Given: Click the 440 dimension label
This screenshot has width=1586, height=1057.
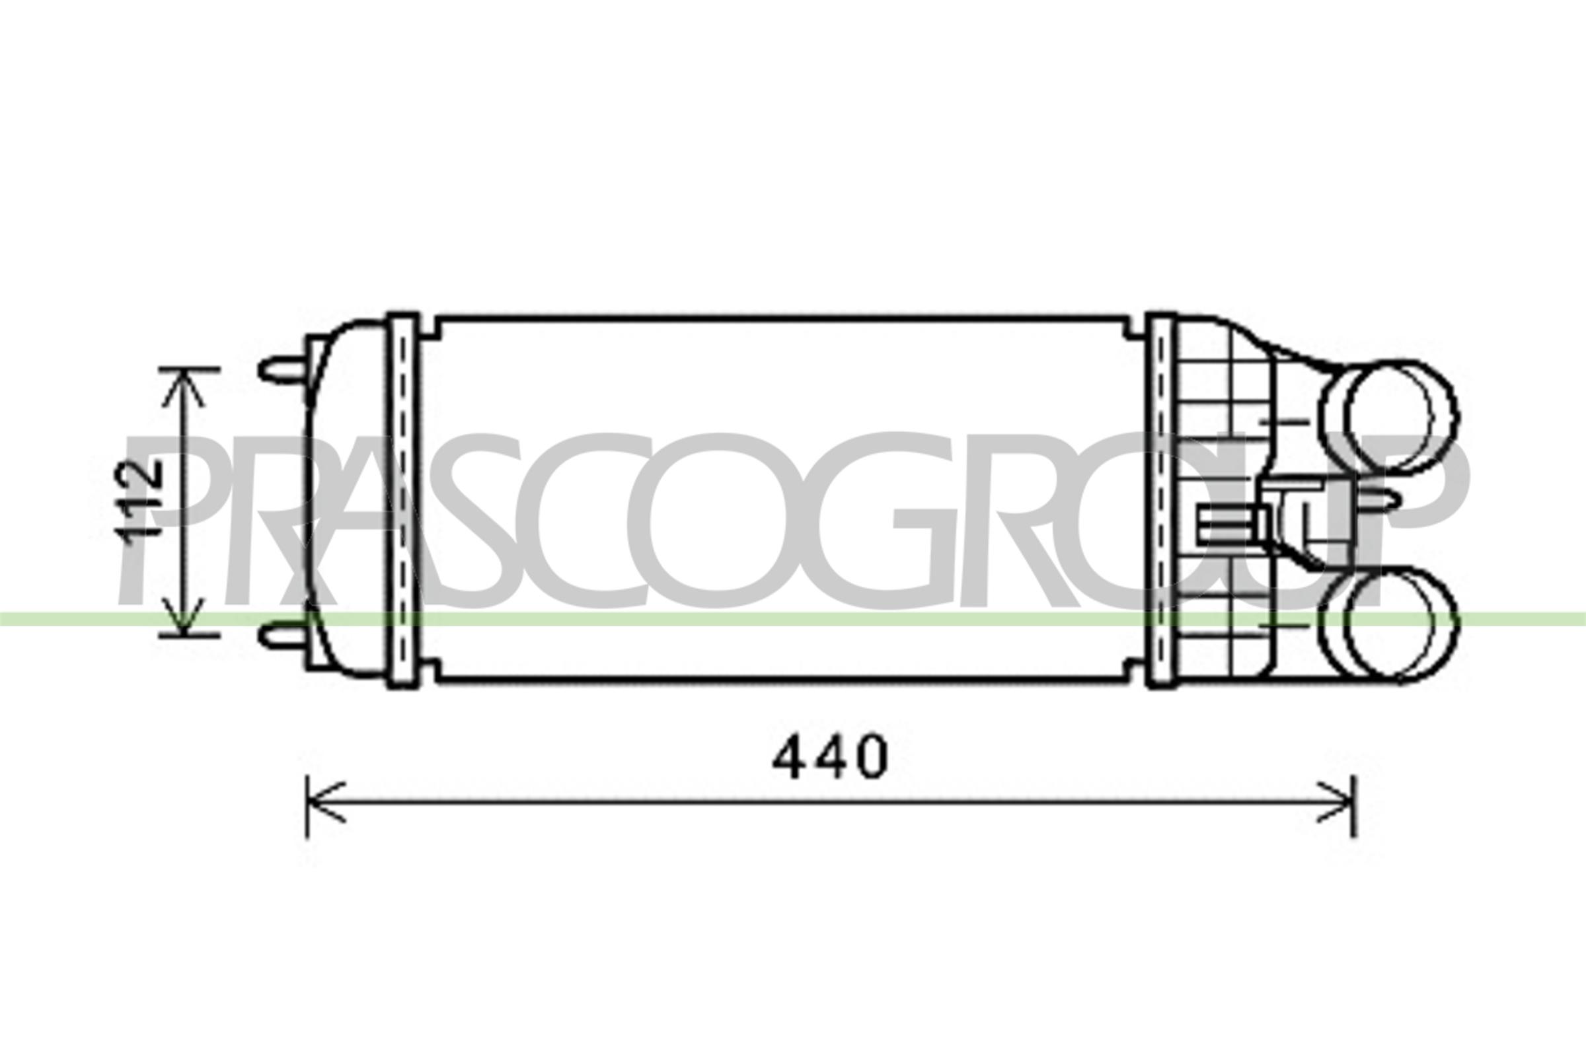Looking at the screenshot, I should pos(830,756).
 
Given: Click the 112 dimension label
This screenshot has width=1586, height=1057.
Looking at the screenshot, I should pos(139,499).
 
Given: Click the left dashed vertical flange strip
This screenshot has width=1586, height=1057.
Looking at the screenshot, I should pos(403,500).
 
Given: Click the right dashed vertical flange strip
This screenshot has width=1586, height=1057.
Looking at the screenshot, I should pos(1161,500).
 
